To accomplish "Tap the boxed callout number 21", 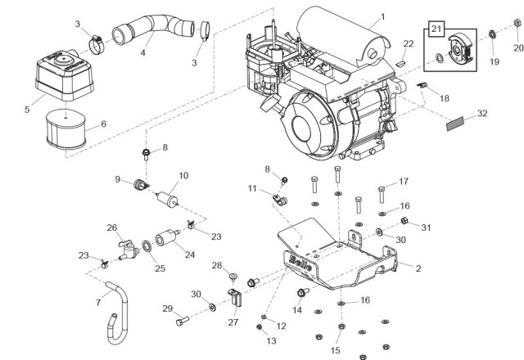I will coord(436,30).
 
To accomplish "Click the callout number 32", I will coord(482,113).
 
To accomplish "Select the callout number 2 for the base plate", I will coord(418,268).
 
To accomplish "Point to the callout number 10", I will coord(183,176).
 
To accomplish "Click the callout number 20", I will coord(517,47).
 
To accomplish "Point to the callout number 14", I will coord(298,311).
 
